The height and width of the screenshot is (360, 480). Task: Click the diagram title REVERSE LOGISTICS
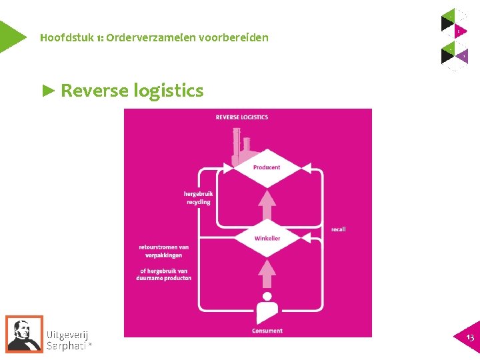[241, 117]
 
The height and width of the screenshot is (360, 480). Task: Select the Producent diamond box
[267, 167]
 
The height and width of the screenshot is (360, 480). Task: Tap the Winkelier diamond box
[267, 239]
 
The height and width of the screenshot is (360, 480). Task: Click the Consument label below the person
[267, 331]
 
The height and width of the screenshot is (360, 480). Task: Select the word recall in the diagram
[338, 230]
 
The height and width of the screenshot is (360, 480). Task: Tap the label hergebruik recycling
[197, 198]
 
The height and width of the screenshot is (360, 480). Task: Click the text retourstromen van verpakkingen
[164, 251]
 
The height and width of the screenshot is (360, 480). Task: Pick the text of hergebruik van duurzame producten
[165, 274]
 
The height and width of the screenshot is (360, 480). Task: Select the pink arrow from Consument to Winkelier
[267, 273]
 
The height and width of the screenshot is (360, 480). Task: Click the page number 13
[470, 338]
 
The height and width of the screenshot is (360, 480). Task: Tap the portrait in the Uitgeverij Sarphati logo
[24, 333]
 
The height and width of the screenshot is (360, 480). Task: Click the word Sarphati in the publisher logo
[66, 345]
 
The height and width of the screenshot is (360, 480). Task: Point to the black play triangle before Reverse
[49, 90]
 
